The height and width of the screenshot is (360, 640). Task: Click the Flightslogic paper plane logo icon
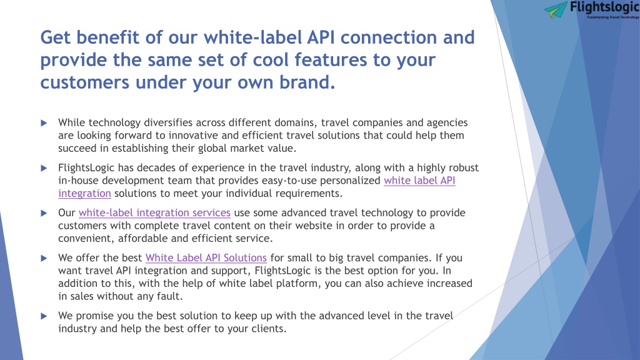pyautogui.click(x=556, y=9)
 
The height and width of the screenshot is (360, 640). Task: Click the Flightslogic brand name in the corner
pyautogui.click(x=605, y=7)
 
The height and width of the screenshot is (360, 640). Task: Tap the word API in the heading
pyautogui.click(x=321, y=37)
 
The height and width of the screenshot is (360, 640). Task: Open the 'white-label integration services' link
pyautogui.click(x=155, y=212)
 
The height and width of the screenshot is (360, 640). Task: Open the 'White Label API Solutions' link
pyautogui.click(x=206, y=258)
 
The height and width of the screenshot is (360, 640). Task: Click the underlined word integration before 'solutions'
pyautogui.click(x=84, y=194)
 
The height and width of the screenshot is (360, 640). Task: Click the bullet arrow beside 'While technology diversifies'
pyautogui.click(x=44, y=123)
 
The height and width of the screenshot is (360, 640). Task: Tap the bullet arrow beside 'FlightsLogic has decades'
pyautogui.click(x=44, y=167)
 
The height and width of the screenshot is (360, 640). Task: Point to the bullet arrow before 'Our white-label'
pyautogui.click(x=44, y=213)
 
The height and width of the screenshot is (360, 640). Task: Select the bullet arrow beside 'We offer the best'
pyautogui.click(x=44, y=258)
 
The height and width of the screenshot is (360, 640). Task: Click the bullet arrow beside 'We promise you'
pyautogui.click(x=44, y=316)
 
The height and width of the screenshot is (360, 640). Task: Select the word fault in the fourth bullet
pyautogui.click(x=169, y=296)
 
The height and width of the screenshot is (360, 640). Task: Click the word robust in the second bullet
pyautogui.click(x=464, y=167)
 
